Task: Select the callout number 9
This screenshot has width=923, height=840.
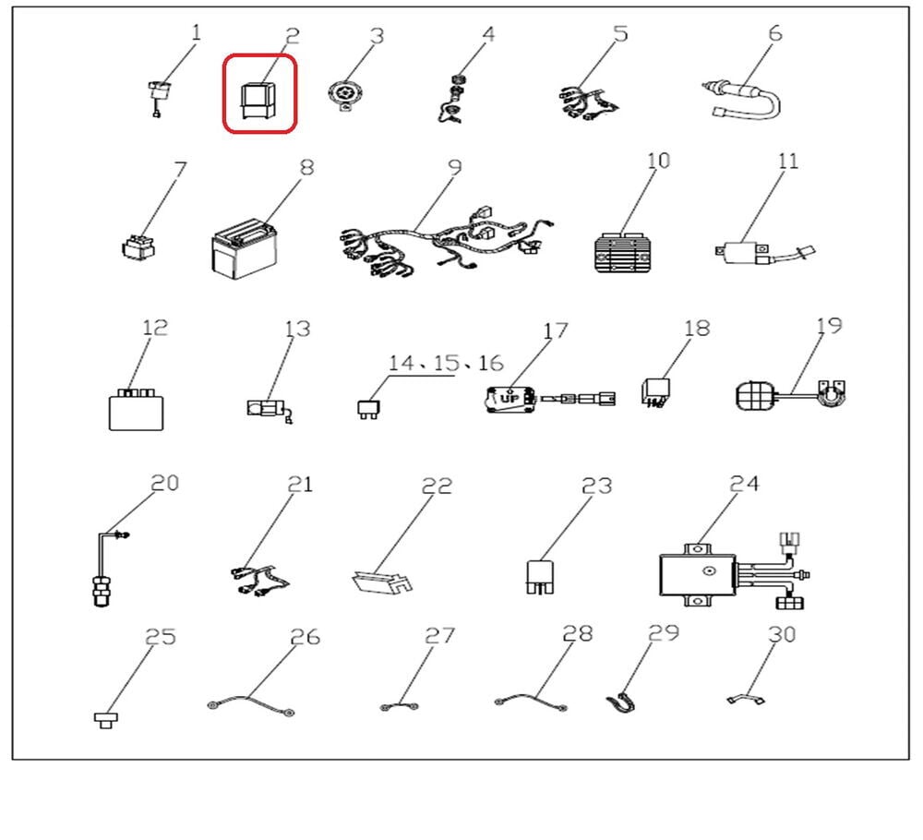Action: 455,167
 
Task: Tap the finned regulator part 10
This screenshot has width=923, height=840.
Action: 625,253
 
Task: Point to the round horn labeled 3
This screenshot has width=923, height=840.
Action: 342,95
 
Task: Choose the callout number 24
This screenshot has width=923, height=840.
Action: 745,484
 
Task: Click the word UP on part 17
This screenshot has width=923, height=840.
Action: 509,399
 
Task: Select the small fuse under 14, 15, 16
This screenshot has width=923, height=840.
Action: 368,409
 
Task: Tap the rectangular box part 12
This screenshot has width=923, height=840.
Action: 136,409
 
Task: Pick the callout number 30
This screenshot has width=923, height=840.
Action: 782,634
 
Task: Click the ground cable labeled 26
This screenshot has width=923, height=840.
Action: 251,705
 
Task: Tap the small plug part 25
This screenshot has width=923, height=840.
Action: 106,719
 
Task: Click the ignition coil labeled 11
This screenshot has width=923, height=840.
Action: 764,253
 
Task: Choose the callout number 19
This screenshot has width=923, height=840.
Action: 830,326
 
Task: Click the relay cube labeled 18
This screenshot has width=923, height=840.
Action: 655,393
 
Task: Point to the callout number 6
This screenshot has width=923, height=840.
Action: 775,33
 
